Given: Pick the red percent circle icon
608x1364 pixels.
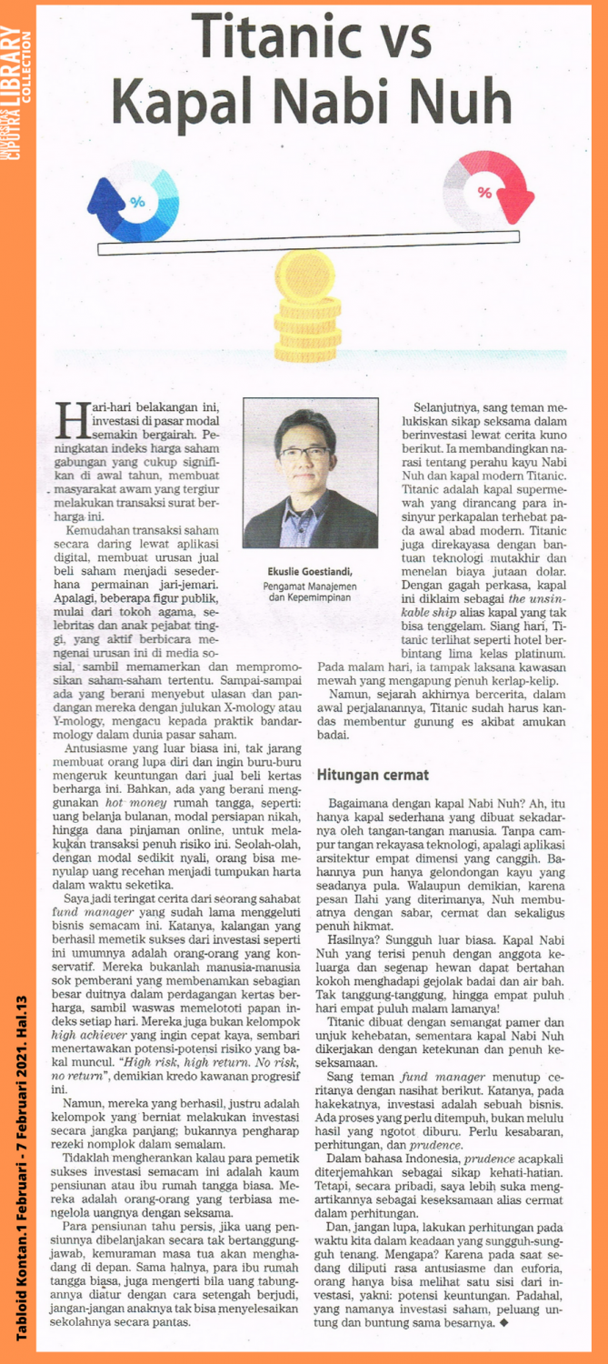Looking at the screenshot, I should click(x=483, y=192).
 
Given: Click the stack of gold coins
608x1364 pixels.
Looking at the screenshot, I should click(x=308, y=309).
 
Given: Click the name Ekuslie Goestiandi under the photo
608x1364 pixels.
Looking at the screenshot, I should click(x=310, y=571).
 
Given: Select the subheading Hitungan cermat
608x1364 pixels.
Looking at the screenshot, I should click(x=364, y=776).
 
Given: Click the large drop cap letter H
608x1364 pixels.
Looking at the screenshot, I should click(x=69, y=419).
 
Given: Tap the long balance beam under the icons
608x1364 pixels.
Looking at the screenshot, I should click(x=308, y=242).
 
